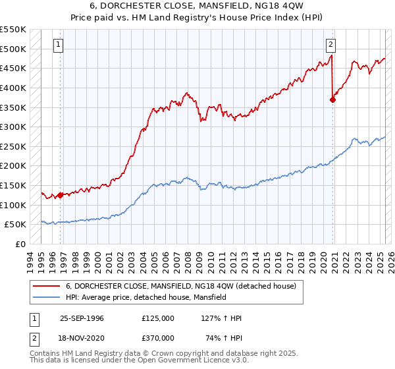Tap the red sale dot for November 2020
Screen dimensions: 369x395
[332, 99]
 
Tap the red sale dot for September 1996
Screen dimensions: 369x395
[60, 194]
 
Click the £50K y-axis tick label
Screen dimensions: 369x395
[16, 224]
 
